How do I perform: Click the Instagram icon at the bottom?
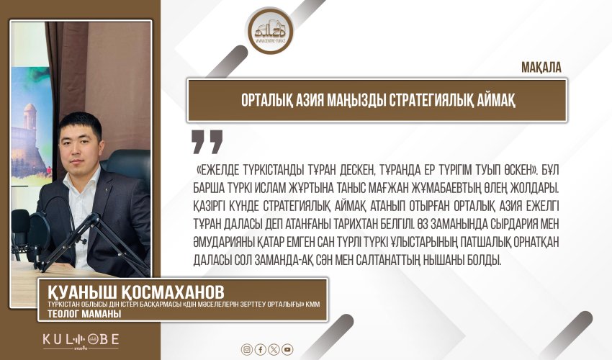pyautogui.click(x=247, y=349)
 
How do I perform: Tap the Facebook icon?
pyautogui.click(x=261, y=349)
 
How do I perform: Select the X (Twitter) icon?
pyautogui.click(x=274, y=349)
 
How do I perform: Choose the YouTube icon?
pyautogui.click(x=287, y=349)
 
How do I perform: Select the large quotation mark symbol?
pyautogui.click(x=207, y=141)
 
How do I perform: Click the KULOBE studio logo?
pyautogui.click(x=79, y=338)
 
